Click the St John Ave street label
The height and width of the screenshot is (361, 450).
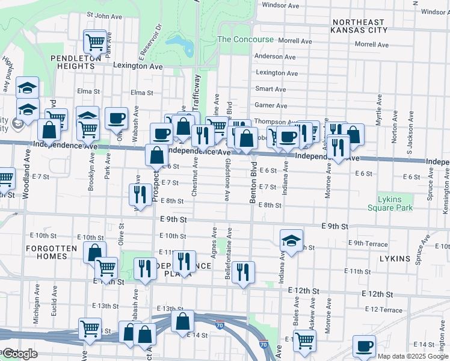point(105,15)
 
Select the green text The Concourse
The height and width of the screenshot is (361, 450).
point(241,39)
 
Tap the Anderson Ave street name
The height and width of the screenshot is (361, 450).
point(275,57)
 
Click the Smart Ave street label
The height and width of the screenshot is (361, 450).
point(271,89)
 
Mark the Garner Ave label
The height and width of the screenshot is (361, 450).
point(271,105)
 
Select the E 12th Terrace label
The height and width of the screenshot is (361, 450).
point(383,310)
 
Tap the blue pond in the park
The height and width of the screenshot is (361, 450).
point(179,43)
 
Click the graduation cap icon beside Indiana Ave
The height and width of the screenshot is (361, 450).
point(291,241)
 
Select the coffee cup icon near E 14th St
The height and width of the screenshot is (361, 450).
point(364,346)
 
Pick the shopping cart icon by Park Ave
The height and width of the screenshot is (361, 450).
point(95,42)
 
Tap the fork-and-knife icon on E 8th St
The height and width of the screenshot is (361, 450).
point(140,194)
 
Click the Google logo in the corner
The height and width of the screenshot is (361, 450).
point(20,354)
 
